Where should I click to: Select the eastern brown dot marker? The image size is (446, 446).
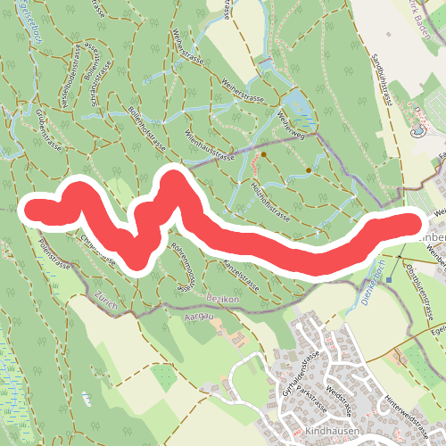(x=309, y=169)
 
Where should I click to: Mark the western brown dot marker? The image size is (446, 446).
(x=263, y=153)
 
